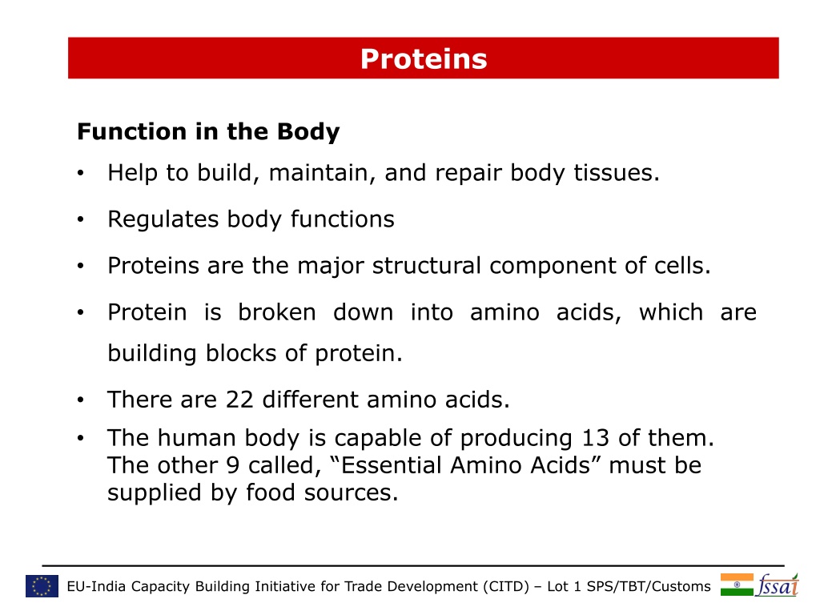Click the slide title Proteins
(424, 58)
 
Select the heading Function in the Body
(208, 132)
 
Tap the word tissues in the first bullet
(617, 173)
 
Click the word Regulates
(163, 219)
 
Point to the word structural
(426, 266)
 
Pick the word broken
(276, 312)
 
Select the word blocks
(240, 353)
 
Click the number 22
(239, 400)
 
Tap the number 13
(595, 438)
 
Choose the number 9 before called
(233, 465)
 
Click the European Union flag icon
(42, 586)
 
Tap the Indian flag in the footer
(737, 585)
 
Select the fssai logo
(778, 585)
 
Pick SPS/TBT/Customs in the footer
(649, 586)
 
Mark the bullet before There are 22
(80, 400)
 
